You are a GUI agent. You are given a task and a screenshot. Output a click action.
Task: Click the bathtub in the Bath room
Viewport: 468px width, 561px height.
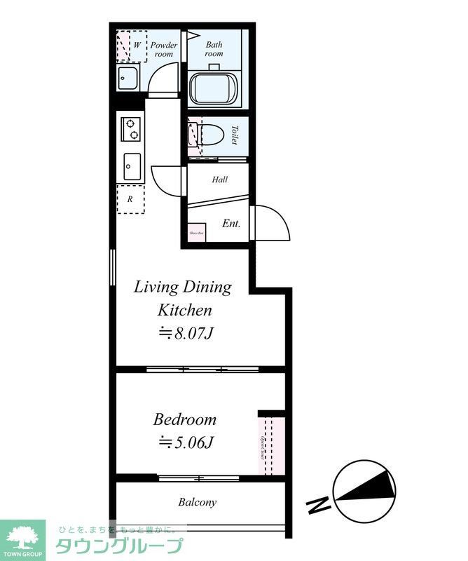214,89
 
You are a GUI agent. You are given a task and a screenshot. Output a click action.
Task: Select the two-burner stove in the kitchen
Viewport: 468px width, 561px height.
130,129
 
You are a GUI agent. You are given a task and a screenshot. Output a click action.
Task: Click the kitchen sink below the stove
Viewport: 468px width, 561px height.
130,167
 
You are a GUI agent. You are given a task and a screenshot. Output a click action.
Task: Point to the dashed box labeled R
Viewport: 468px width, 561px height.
130,199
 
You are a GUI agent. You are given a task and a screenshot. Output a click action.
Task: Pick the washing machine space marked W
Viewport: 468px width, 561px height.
132,46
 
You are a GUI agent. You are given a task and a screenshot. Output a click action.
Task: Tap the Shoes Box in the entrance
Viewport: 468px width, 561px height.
195,233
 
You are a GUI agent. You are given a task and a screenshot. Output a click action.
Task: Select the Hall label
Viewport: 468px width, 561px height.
220,180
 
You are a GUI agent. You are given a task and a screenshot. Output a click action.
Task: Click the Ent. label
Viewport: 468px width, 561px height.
231,224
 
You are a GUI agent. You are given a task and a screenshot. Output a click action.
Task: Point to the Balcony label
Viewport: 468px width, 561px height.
197,502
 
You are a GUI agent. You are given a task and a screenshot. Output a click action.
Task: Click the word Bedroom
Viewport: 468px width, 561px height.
185,420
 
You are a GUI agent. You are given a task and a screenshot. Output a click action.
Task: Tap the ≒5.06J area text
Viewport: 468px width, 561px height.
185,442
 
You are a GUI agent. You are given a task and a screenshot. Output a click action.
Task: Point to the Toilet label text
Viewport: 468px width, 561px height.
235,134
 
